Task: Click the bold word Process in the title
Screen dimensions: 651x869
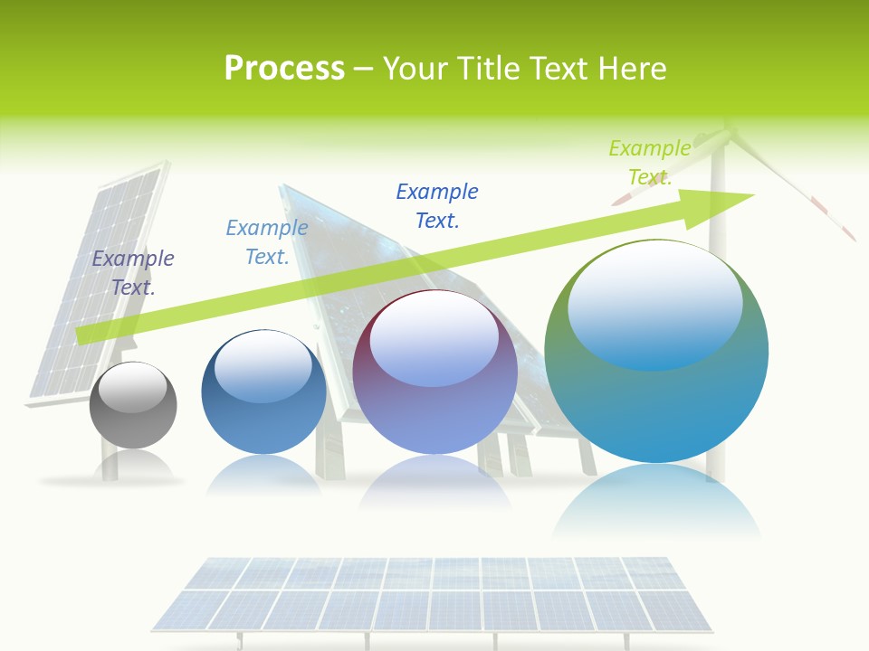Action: [284, 69]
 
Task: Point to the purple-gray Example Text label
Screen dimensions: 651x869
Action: [133, 272]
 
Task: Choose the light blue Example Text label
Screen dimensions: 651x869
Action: [267, 242]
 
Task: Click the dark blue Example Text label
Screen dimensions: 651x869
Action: [437, 205]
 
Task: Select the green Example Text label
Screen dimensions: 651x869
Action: [649, 162]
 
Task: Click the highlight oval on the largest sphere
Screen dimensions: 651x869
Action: [654, 306]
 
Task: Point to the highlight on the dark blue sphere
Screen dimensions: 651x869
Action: [263, 366]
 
